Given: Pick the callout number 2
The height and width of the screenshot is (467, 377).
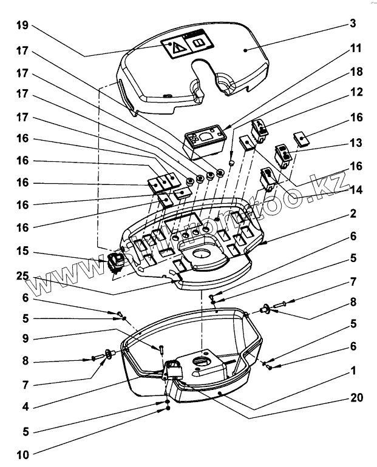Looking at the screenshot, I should [353, 214].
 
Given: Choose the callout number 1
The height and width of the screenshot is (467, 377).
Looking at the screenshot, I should [353, 369].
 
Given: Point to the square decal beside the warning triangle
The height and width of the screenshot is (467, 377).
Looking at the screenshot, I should [199, 44].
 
